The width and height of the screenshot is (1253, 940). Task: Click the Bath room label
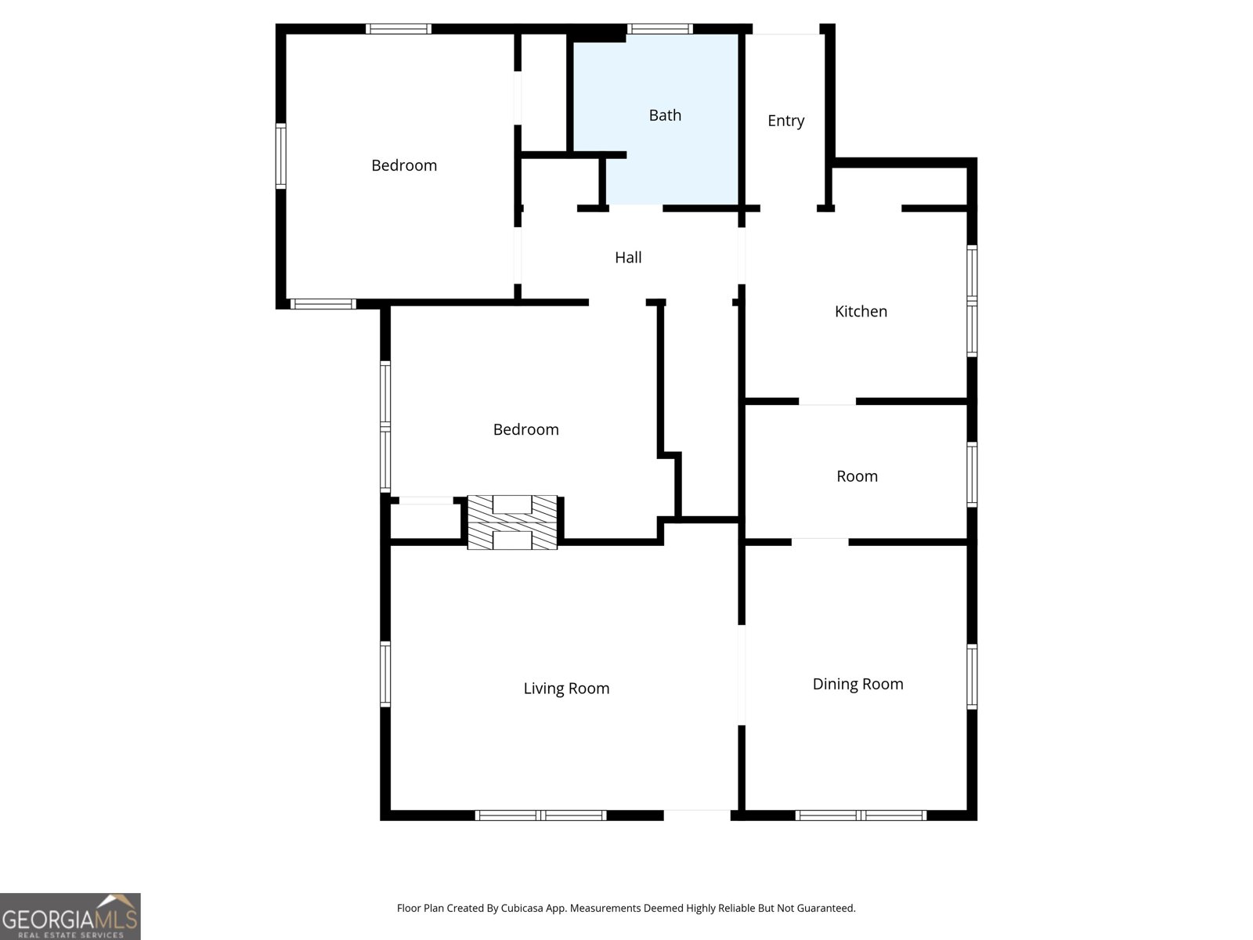(665, 115)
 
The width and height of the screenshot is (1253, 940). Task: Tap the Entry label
(785, 121)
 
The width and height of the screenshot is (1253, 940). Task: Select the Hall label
(628, 257)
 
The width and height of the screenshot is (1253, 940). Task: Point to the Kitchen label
(861, 311)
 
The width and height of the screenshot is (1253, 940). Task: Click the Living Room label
(566, 689)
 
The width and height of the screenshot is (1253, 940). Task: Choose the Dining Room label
(858, 684)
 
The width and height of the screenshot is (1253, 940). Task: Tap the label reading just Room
(857, 476)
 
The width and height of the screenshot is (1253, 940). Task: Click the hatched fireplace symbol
(512, 522)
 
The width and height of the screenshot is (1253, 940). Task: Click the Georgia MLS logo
(70, 916)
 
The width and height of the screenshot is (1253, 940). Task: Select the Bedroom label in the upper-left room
(403, 165)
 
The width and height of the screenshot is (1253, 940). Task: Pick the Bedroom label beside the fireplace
(525, 429)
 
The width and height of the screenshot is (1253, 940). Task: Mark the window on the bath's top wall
(659, 29)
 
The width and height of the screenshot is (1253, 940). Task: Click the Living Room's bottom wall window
(541, 815)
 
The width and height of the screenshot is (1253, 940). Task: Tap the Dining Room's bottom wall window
(861, 815)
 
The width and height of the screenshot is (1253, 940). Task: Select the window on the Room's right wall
(972, 475)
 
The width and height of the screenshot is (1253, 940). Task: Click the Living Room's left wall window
(385, 674)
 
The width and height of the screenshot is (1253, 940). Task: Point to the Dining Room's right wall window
(972, 677)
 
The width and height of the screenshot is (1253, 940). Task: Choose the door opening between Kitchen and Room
(827, 402)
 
